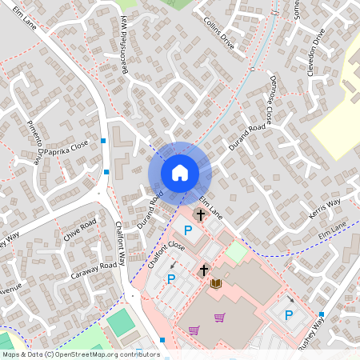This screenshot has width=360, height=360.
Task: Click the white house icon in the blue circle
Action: click(180, 172)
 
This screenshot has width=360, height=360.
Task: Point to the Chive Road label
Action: click(82, 230)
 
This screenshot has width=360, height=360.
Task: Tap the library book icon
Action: click(215, 282)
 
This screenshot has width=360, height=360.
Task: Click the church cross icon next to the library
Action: click(204, 270)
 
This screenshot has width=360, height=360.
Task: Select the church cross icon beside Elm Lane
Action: click(199, 214)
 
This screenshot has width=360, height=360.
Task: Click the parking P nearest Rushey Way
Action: click(289, 314)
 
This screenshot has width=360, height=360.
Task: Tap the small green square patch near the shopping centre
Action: click(236, 251)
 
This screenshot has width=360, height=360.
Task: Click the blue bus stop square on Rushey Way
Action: click(322, 314)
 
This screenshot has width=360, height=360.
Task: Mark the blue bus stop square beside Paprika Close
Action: click(104, 141)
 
